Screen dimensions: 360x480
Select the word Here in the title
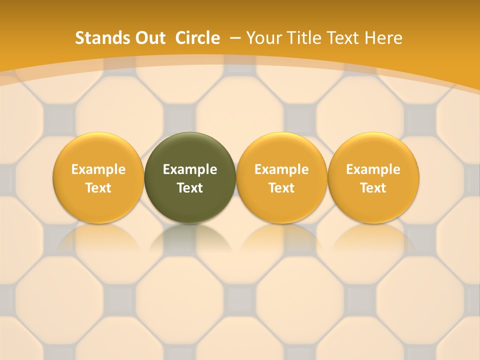(384, 38)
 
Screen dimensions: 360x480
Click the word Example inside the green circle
(190, 169)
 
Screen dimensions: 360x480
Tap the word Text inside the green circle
(190, 188)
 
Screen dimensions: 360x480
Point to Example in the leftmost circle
(98, 169)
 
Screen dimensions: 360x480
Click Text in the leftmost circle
(98, 188)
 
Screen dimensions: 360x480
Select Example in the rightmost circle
(373, 169)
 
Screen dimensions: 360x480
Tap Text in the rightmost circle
(373, 188)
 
